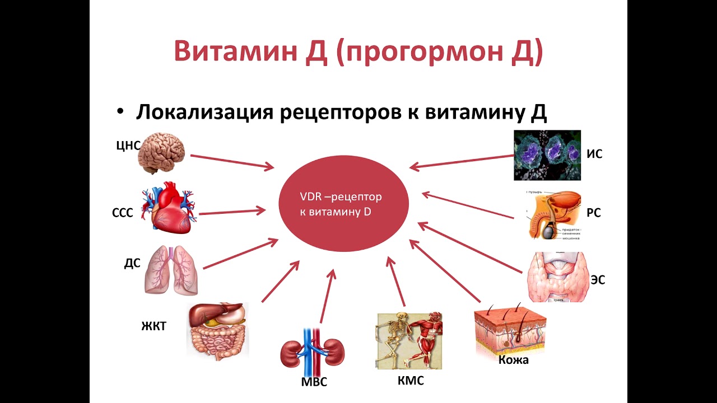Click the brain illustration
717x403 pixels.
pyautogui.click(x=162, y=152)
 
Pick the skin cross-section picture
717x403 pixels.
pyautogui.click(x=510, y=330)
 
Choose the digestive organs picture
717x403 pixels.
pyautogui.click(x=217, y=330)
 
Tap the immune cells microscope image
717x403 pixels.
pyautogui.click(x=547, y=155)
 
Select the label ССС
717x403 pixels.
pyautogui.click(x=122, y=213)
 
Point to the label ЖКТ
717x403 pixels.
pyautogui.click(x=153, y=326)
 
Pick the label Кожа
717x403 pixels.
pyautogui.click(x=513, y=360)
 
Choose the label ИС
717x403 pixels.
pyautogui.click(x=594, y=154)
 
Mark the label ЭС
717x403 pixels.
pyautogui.click(x=598, y=280)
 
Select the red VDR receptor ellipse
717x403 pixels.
pyautogui.click(x=344, y=205)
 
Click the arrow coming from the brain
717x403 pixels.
pyautogui.click(x=231, y=161)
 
